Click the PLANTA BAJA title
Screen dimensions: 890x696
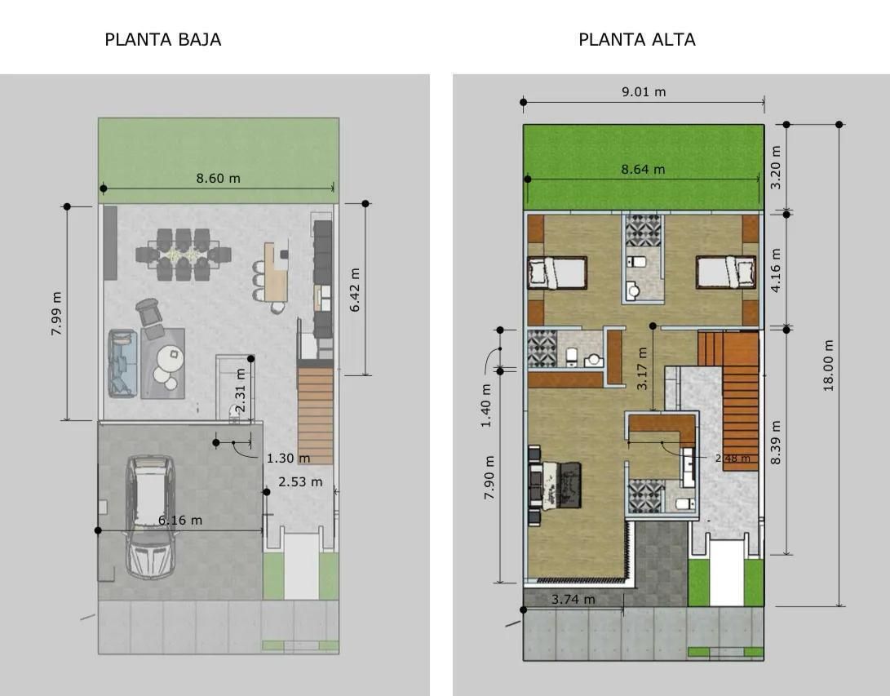163,40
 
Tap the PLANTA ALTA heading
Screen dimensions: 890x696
637,40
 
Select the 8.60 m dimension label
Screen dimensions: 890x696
219,178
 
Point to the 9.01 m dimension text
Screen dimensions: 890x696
644,91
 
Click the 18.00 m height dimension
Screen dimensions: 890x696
828,366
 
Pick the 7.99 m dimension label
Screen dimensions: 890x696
57,314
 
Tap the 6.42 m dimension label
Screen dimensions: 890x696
355,290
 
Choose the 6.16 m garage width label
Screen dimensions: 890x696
180,520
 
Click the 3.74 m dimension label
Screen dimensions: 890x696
573,599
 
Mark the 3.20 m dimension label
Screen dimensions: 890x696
776,167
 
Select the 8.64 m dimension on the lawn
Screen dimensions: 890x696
643,169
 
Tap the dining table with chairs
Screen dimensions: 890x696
184,255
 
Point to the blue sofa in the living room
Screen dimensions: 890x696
123,363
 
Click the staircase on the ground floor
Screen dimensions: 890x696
315,415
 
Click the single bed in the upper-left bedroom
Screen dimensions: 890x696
557,273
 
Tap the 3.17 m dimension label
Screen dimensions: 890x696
642,369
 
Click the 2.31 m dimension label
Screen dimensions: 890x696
240,390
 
